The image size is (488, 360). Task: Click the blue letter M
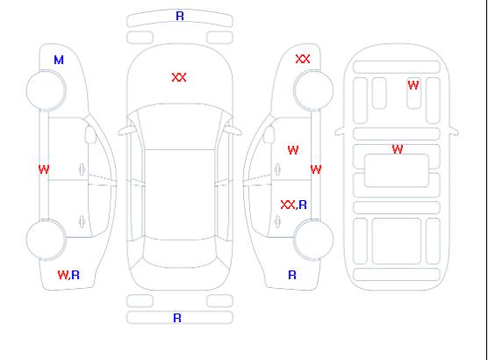coord(59,60)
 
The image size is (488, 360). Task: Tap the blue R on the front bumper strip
coord(180,16)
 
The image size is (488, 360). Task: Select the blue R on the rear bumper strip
coord(177,318)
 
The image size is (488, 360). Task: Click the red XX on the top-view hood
coord(179,77)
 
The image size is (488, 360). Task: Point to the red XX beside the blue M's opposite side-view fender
coord(303,59)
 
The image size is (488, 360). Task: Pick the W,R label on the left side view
coord(68,275)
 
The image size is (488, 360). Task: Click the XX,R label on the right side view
coord(293,205)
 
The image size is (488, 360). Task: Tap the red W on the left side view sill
coord(44,169)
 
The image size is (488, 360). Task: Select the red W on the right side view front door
coord(293,150)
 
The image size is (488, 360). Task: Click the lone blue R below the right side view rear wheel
coord(292,275)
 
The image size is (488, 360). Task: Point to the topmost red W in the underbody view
coord(413,85)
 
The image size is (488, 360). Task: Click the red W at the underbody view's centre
coord(398,149)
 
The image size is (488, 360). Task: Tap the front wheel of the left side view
coord(46,90)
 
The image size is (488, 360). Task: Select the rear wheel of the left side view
coord(46,240)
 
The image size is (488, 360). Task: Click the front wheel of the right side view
coord(313,90)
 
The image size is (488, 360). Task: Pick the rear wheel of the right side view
coord(313,240)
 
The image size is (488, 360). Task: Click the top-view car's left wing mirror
coord(126,131)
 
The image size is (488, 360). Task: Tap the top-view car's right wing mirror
coord(233,131)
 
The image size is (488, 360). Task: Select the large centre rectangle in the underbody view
coord(397,170)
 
